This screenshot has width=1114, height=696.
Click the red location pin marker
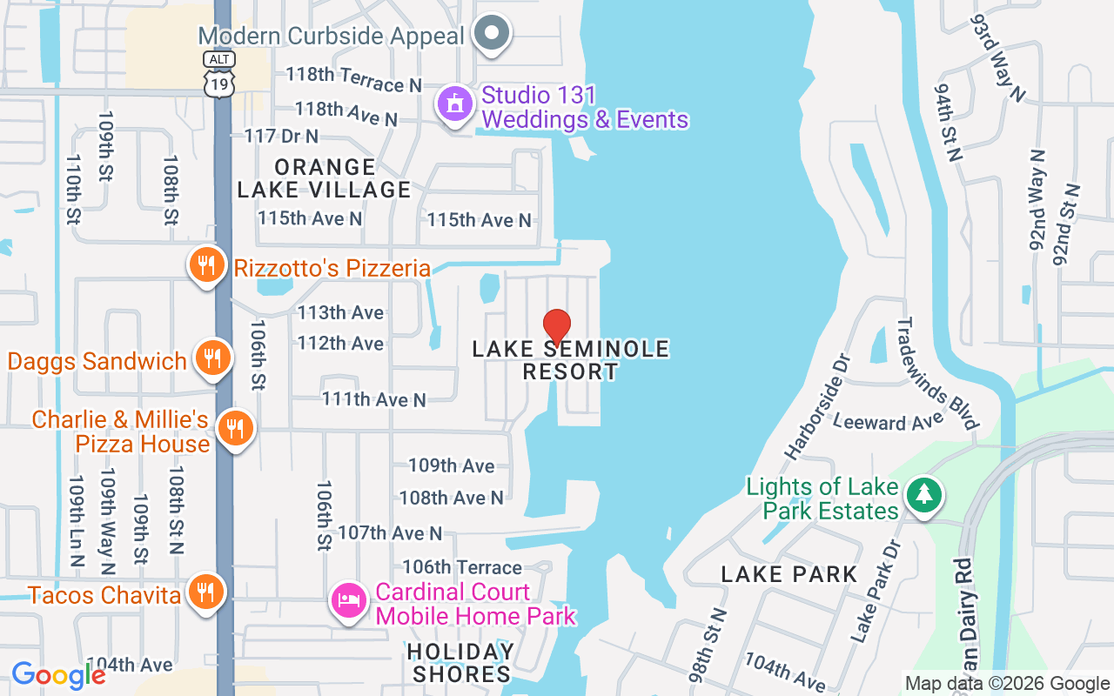tap(557, 326)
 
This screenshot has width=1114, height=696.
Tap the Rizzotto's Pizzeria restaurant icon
tap(205, 264)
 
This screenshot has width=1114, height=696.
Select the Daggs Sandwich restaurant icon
tap(211, 358)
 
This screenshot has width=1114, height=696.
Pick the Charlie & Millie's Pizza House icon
tap(234, 428)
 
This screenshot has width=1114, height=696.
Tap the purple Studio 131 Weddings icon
tap(453, 104)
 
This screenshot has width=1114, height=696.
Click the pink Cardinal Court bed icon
tap(348, 600)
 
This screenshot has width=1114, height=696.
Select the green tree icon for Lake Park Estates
tap(923, 495)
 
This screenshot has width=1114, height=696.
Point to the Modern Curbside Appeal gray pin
tap(492, 34)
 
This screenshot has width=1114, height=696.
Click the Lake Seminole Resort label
tap(571, 360)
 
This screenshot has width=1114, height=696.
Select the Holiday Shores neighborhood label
tap(461, 663)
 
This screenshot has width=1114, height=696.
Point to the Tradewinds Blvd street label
tap(936, 373)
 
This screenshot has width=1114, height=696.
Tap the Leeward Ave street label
tap(888, 422)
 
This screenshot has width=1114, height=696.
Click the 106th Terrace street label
tap(461, 567)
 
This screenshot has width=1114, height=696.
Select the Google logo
tap(58, 675)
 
